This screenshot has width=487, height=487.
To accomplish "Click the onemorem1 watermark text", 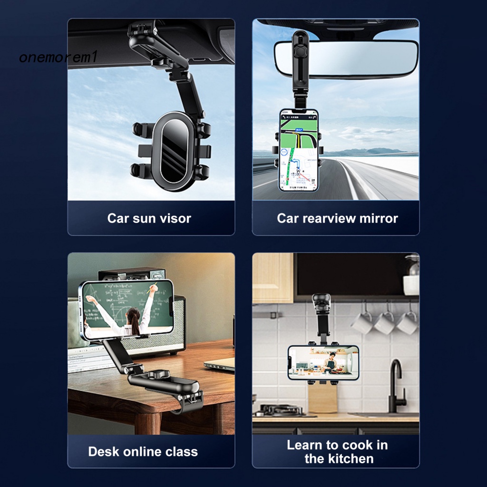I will click(58, 58).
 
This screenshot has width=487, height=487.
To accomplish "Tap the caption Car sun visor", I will click(149, 218).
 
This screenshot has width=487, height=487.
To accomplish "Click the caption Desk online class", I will click(143, 451).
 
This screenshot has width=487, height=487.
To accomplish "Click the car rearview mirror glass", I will click(361, 58).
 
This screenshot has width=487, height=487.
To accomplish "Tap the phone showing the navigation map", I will click(298, 150).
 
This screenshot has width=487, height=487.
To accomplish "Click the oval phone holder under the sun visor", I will click(172, 151).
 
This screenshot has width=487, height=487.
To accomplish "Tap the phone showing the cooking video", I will click(323, 362).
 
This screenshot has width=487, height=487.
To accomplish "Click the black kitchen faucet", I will click(395, 385).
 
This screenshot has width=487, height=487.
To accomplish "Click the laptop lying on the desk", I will click(220, 364).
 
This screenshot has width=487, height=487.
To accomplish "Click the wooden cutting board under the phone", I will click(322, 397).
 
